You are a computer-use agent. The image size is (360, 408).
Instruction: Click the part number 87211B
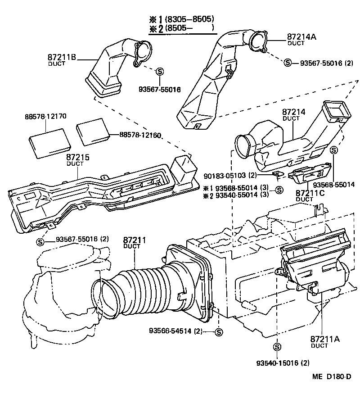[62, 57]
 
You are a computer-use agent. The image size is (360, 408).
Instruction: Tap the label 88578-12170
[45, 116]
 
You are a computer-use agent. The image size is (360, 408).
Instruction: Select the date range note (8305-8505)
[189, 19]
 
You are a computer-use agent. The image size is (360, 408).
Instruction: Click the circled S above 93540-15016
[276, 347]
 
